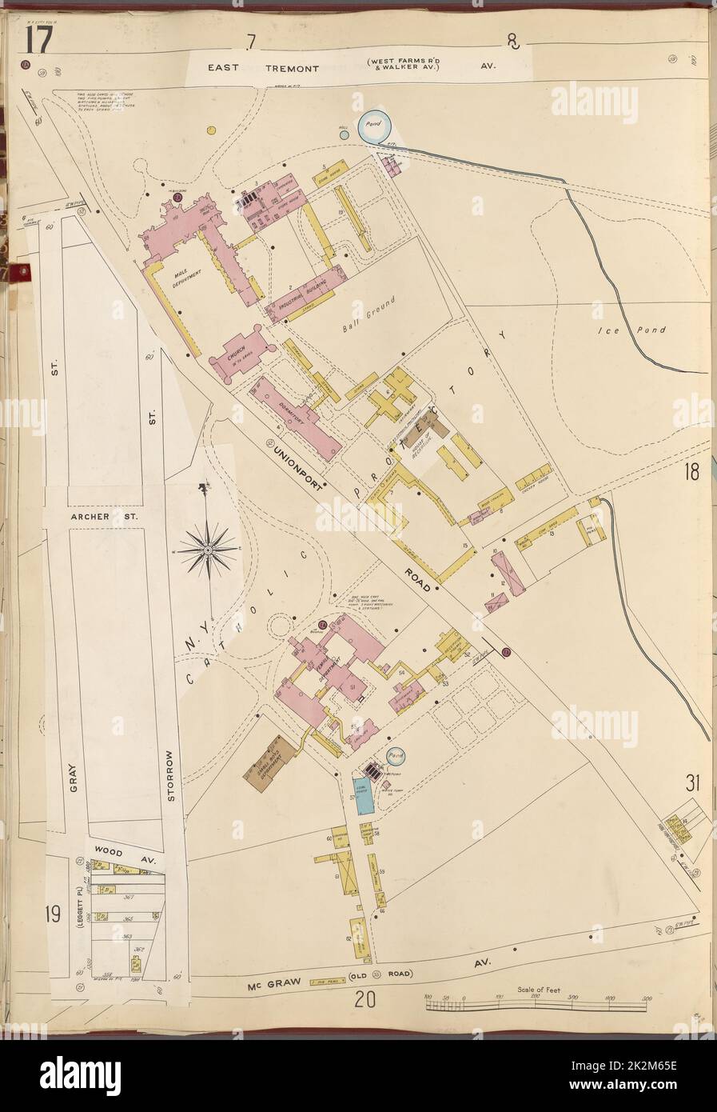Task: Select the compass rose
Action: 208,549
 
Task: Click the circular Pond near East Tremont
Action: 373,126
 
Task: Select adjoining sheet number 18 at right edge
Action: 691,472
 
